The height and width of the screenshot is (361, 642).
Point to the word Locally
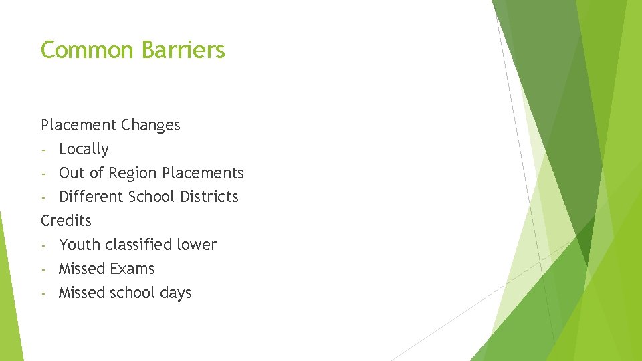(84, 149)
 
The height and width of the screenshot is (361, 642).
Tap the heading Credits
(66, 221)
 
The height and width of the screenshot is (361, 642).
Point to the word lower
(198, 245)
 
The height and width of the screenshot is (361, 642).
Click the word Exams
(134, 269)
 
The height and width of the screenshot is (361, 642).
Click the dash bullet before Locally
(43, 150)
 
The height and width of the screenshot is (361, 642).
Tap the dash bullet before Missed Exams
(43, 269)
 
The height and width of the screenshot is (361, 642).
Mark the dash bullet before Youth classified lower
(43, 245)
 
